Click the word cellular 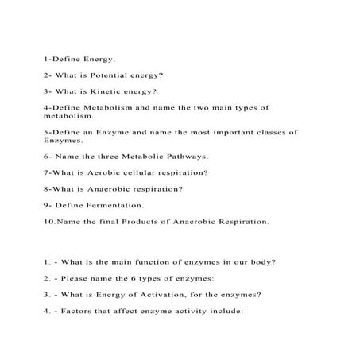[x=144, y=172]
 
